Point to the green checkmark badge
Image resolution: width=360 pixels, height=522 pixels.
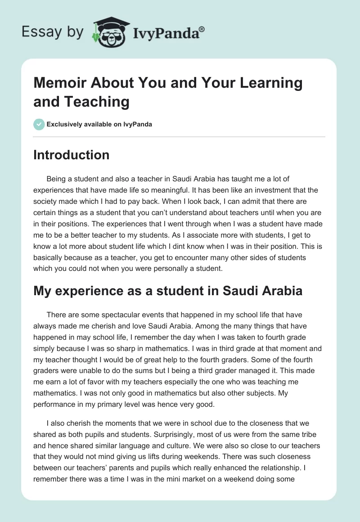39,124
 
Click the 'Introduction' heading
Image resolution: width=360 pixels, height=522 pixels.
71,155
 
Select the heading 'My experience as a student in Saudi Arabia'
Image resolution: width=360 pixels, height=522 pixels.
168,290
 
